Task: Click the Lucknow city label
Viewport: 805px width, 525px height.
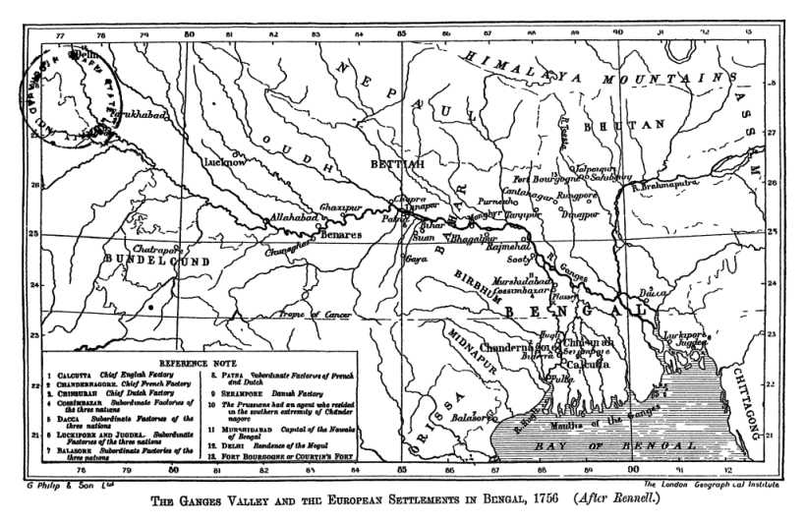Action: pyautogui.click(x=227, y=161)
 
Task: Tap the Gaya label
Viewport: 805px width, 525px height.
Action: pyautogui.click(x=417, y=260)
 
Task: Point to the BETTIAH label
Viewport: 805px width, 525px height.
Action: pyautogui.click(x=398, y=163)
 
